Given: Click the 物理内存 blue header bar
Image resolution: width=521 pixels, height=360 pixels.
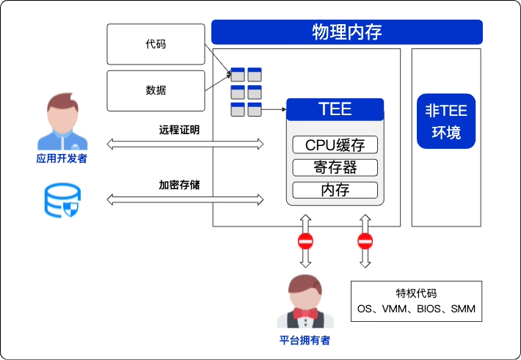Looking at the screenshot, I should tap(346, 32).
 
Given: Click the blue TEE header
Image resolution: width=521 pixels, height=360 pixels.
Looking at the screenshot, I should tap(335, 110).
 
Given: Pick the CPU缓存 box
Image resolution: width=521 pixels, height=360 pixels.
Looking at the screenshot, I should tap(335, 144).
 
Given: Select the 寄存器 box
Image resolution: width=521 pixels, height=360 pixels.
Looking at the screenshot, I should tap(335, 167).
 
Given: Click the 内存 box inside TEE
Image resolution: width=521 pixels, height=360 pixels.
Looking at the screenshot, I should tap(335, 191).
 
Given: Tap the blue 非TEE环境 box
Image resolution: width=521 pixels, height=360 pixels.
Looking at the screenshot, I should tap(445, 122).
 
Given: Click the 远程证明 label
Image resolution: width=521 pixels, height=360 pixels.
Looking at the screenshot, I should tap(179, 130).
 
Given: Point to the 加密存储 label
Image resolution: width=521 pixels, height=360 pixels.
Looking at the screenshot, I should tap(179, 185).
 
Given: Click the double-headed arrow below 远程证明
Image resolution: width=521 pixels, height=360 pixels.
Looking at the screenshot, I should tap(185, 144).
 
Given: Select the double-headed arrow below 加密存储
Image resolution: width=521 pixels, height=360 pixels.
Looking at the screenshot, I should tap(185, 199).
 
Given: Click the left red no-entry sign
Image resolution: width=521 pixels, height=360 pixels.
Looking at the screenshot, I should tap(305, 241).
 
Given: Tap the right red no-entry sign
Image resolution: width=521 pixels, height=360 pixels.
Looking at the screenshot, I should tap(365, 241).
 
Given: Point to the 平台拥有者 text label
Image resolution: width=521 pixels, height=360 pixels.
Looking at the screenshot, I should tap(305, 340).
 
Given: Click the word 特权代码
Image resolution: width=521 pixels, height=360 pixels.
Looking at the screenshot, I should tap(416, 292).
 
